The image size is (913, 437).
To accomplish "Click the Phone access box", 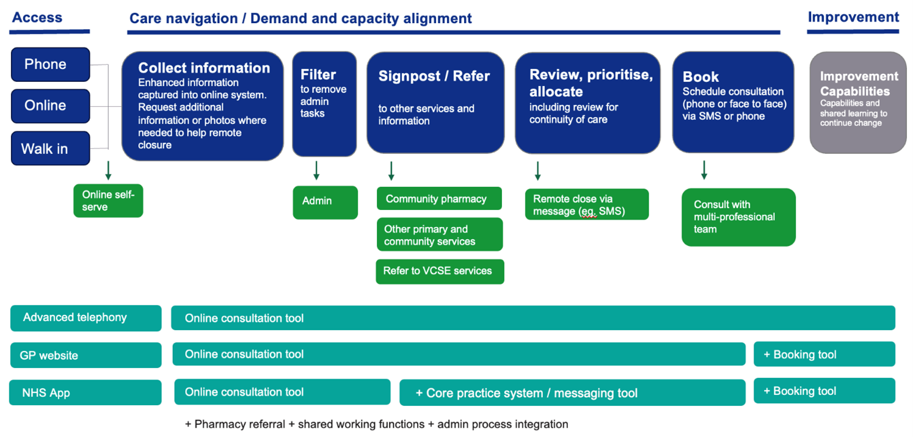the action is [51, 64].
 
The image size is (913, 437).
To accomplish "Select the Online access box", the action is [51, 106].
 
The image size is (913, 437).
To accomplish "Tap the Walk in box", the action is [51, 148].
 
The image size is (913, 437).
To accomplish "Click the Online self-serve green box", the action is [109, 200].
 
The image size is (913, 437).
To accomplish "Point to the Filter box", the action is [324, 104].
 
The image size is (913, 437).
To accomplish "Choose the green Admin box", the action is [326, 203].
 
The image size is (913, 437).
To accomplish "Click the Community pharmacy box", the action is [439, 198].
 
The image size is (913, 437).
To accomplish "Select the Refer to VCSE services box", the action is [440, 271].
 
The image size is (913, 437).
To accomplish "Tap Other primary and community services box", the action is [440, 234].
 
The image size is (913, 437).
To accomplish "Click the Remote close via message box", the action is [587, 204].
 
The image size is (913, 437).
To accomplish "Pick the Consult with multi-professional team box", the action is [738, 217].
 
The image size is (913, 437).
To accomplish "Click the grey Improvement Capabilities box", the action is [859, 103].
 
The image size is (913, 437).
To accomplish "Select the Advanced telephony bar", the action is [86, 318].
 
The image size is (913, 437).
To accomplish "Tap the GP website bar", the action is [86, 355].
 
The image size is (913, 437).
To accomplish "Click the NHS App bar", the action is [85, 392].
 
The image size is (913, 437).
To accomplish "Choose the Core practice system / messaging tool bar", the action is [573, 392].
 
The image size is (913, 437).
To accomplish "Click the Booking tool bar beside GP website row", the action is [824, 355].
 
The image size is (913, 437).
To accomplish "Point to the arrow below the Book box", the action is [704, 170].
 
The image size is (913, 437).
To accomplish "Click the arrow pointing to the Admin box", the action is [316, 171].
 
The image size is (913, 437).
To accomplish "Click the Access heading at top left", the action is [37, 18].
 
